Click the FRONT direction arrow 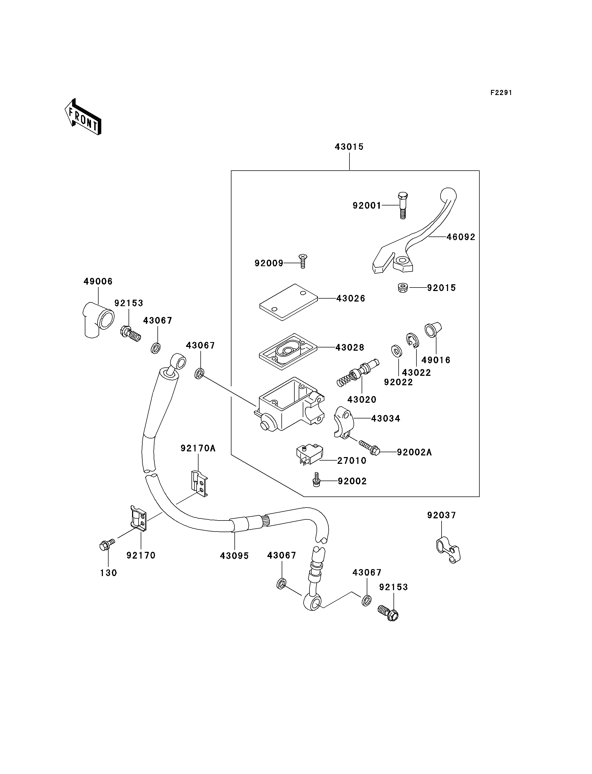(83, 117)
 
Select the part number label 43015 (349, 147)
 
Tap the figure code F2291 (501, 93)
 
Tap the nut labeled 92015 (403, 288)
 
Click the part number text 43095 (234, 556)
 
